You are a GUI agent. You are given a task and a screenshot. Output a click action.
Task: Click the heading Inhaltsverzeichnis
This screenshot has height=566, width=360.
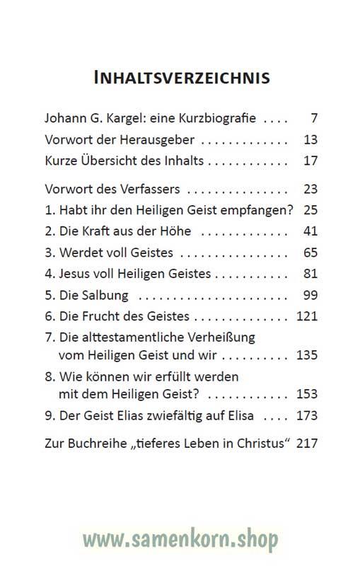pyautogui.click(x=182, y=76)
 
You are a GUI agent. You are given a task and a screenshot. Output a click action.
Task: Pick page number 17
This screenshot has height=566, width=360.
pyautogui.click(x=310, y=161)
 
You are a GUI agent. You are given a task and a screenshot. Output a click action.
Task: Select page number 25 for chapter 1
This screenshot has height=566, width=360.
pyautogui.click(x=310, y=210)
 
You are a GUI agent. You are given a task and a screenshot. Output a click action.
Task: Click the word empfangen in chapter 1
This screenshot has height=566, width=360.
pyautogui.click(x=261, y=210)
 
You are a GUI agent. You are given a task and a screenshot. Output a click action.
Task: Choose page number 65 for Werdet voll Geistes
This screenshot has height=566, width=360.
pyautogui.click(x=310, y=253)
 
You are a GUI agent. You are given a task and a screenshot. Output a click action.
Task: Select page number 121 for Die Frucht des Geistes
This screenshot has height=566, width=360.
pyautogui.click(x=307, y=316)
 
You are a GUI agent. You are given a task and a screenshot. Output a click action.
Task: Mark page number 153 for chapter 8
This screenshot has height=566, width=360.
pyautogui.click(x=307, y=394)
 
